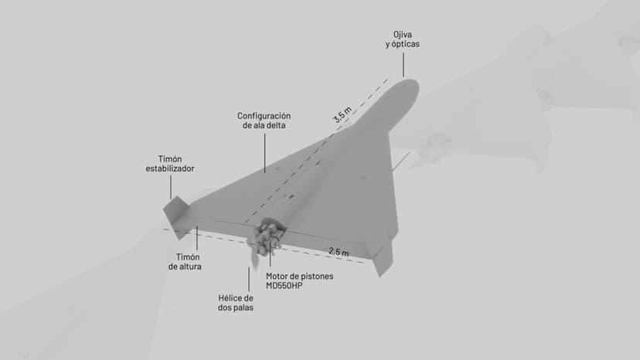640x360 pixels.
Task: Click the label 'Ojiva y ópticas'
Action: click(403, 39)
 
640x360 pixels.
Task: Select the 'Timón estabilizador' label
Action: click(170, 163)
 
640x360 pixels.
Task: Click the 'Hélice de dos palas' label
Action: click(236, 303)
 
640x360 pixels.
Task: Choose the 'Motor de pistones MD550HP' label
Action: click(300, 281)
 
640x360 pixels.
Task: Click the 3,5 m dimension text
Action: click(342, 115)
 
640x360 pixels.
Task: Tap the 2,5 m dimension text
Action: click(339, 252)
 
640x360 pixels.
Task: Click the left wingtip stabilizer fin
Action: click(175, 209)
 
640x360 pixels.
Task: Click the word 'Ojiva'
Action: click(403, 34)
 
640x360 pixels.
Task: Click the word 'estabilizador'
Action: click(170, 168)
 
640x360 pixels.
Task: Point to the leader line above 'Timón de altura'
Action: click(197, 239)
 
